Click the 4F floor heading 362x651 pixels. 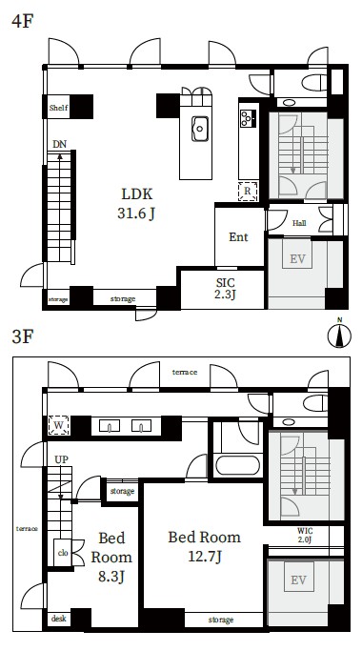[23, 21]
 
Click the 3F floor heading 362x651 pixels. [23, 336]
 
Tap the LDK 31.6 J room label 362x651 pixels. [136, 203]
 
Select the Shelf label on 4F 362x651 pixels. [58, 108]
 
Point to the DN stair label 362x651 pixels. [60, 145]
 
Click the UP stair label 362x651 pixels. [61, 459]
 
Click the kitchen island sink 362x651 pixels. [200, 129]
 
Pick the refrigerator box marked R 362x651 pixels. [248, 192]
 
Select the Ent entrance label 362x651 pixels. [238, 237]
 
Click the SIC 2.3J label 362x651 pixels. [226, 289]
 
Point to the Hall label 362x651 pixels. [299, 223]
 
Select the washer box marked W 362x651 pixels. [58, 425]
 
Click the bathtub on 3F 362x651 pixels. [238, 465]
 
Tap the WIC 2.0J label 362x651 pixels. [305, 536]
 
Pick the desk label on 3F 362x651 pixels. [58, 619]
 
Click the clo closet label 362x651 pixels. [63, 553]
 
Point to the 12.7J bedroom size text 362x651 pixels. [205, 557]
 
